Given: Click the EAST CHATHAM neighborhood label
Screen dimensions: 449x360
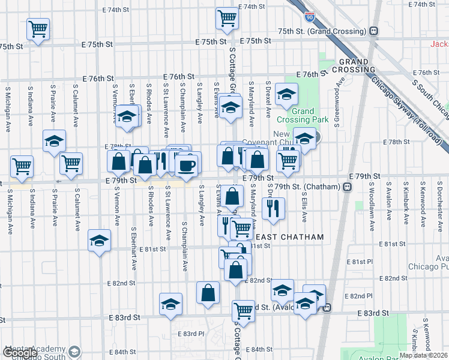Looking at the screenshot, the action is coord(294,237).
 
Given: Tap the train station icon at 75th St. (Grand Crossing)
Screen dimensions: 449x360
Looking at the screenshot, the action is coord(373,31).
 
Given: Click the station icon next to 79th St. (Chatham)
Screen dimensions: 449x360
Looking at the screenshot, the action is coord(347,188).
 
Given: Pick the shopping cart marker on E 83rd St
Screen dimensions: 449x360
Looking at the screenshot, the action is coord(243,310).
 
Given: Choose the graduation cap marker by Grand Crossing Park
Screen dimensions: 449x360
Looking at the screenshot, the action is coord(286,94).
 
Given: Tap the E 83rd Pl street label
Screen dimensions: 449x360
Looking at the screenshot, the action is coord(191,334).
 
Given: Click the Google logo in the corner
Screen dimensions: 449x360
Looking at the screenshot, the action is coord(20,352).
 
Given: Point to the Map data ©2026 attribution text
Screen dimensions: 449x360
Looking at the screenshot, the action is coord(423,355).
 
